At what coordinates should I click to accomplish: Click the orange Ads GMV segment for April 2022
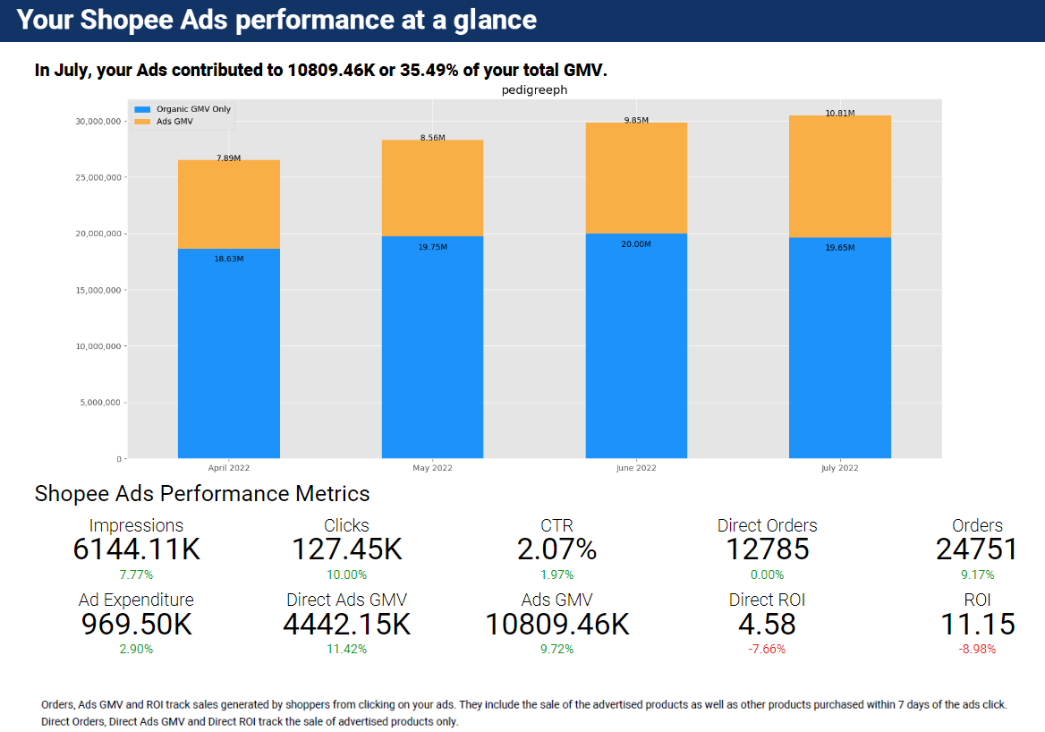[229, 204]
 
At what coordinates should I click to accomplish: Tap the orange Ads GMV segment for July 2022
[840, 176]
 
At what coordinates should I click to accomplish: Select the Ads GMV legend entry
[174, 121]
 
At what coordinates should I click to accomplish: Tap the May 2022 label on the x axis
[432, 468]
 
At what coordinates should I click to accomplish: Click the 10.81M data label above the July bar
[840, 114]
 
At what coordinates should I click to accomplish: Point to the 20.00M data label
[636, 243]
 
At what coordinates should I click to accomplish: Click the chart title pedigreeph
[534, 90]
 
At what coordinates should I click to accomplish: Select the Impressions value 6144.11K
[137, 549]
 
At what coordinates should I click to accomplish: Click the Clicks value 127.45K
[346, 549]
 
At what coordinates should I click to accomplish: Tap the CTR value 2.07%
[556, 549]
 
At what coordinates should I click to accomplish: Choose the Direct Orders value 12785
[767, 549]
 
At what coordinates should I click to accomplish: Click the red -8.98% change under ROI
[977, 649]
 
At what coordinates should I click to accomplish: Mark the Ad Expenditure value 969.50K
[137, 624]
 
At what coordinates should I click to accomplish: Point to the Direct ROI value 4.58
[767, 624]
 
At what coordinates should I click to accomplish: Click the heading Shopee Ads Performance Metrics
[202, 493]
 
